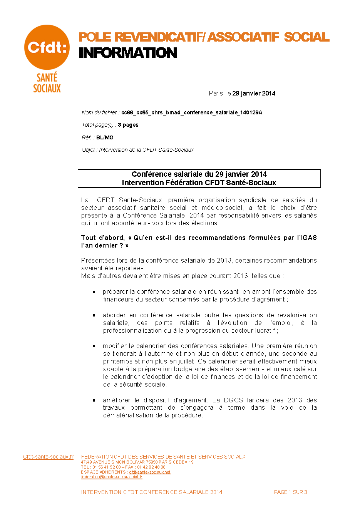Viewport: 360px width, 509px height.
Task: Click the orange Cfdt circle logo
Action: click(47, 47)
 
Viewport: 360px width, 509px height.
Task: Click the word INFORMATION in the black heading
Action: click(128, 53)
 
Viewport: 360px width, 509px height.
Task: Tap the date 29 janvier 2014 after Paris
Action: click(254, 93)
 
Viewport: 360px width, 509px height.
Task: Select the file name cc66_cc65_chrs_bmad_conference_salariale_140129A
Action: click(192, 112)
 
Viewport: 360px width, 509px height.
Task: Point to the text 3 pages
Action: click(128, 125)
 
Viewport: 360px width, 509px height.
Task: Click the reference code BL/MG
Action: click(105, 137)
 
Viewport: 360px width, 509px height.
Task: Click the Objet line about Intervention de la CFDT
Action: click(137, 150)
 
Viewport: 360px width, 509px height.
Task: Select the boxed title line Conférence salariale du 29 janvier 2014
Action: click(199, 174)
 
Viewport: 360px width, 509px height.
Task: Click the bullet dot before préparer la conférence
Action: click(94, 292)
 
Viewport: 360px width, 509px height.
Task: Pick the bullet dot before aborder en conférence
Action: click(94, 315)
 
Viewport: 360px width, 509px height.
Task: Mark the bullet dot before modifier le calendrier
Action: click(94, 346)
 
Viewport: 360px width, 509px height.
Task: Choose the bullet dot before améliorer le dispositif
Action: click(94, 400)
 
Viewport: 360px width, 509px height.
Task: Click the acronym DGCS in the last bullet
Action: click(233, 400)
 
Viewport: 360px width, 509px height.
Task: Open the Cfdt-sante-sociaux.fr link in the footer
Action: click(48, 457)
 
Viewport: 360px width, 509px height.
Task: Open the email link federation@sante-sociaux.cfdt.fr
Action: click(112, 477)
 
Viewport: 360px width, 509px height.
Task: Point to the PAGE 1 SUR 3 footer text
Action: click(290, 492)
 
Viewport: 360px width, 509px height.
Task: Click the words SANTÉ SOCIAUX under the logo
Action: click(47, 83)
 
